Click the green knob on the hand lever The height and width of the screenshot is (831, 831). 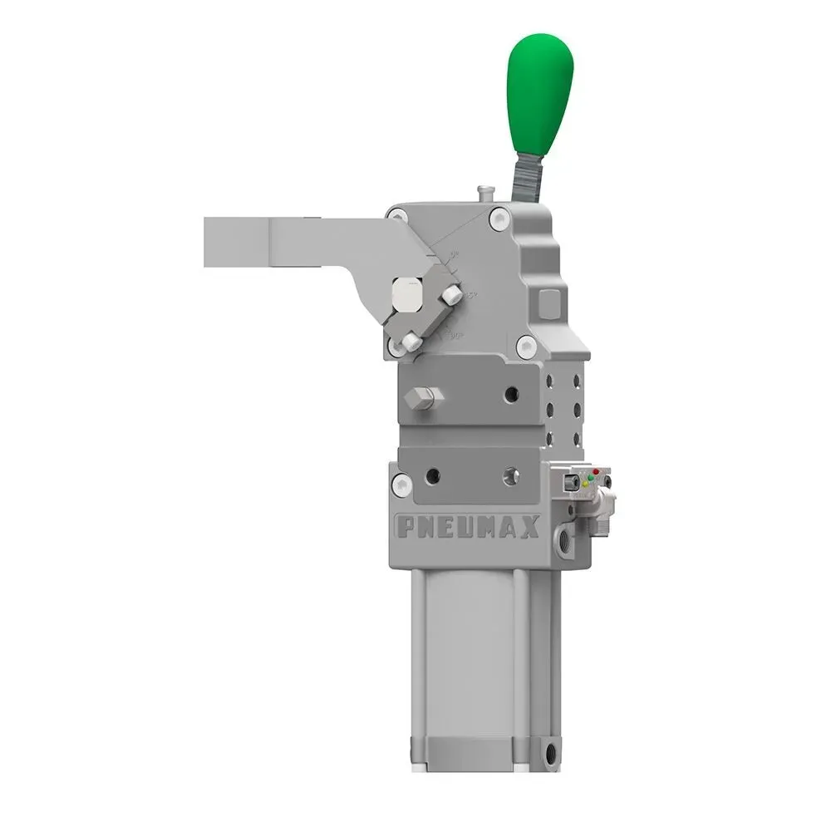pyautogui.click(x=539, y=91)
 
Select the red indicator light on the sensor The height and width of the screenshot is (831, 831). pyautogui.click(x=595, y=472)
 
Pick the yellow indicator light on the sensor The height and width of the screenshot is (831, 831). pyautogui.click(x=584, y=484)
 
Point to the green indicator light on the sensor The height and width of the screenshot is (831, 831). pyautogui.click(x=590, y=478)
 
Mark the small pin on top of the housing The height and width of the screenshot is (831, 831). pyautogui.click(x=483, y=193)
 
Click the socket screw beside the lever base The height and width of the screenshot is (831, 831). pyautogui.click(x=499, y=219)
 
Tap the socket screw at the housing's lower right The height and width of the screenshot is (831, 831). pyautogui.click(x=524, y=347)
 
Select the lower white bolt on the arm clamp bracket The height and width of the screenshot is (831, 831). pyautogui.click(x=411, y=341)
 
